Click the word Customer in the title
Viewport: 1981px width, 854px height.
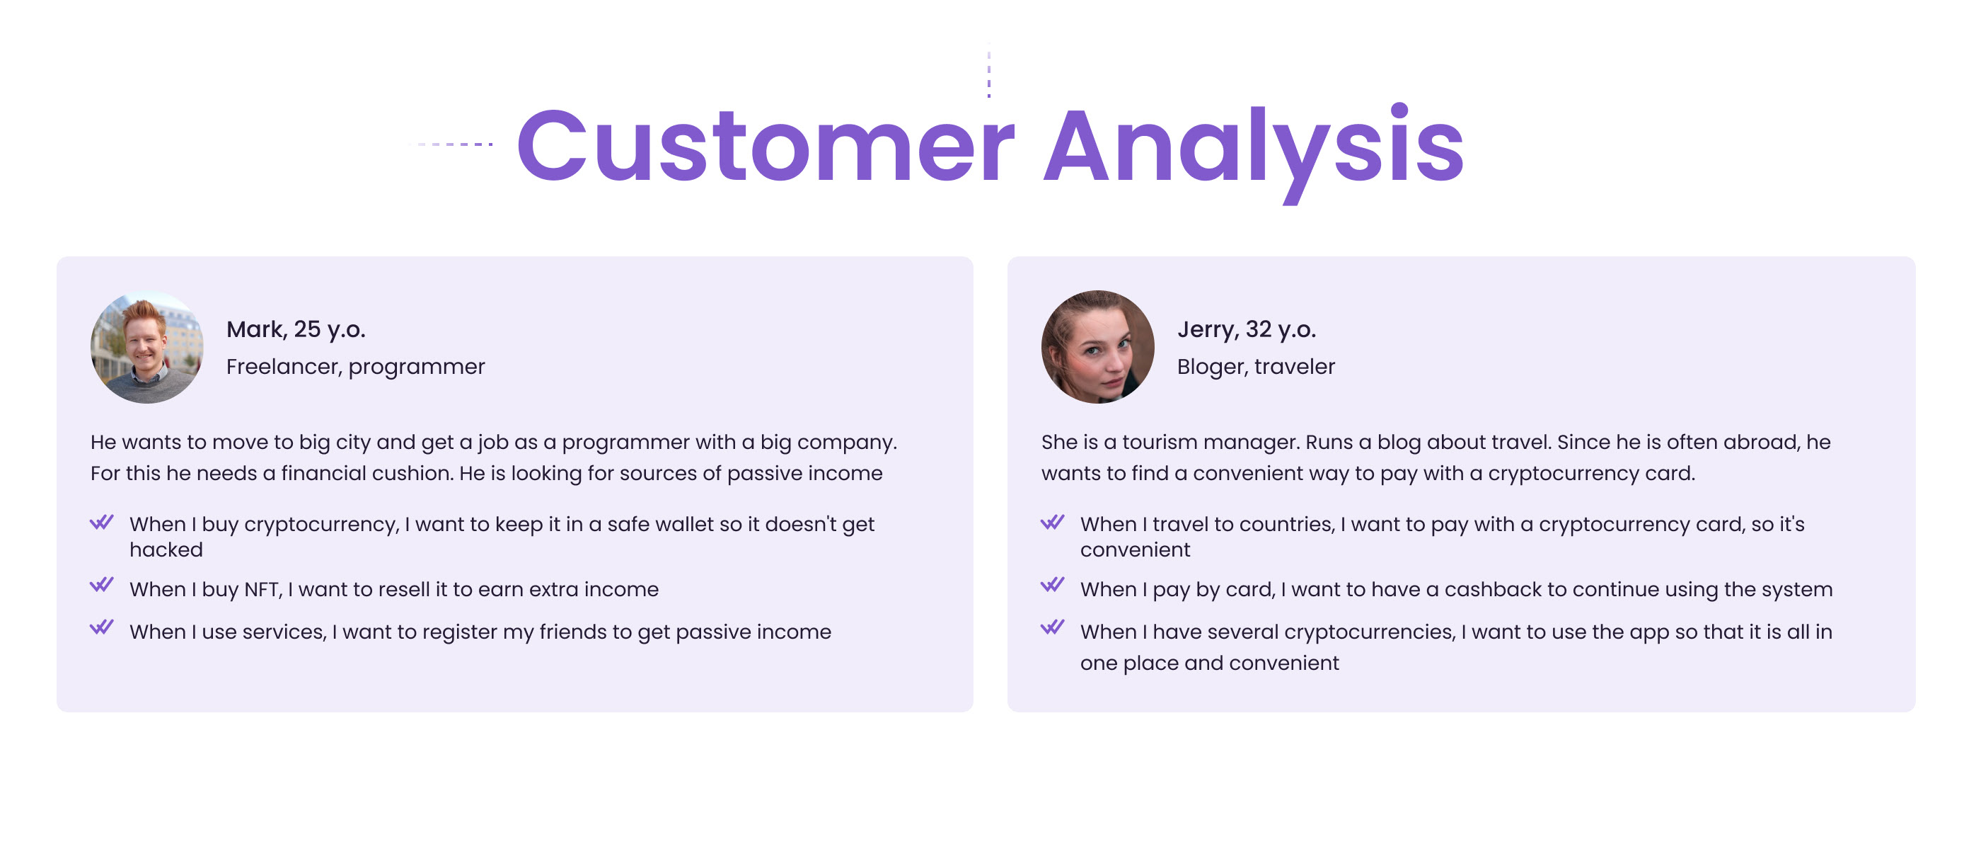pyautogui.click(x=766, y=146)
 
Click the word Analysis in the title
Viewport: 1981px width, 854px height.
pyautogui.click(x=1254, y=150)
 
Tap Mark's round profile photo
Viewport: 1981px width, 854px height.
pyautogui.click(x=147, y=347)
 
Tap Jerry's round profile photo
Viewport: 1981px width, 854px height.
pyautogui.click(x=1097, y=347)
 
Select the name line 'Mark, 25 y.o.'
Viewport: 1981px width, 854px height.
pyautogui.click(x=296, y=329)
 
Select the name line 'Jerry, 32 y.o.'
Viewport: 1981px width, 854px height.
pyautogui.click(x=1247, y=329)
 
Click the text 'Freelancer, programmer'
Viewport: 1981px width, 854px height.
pyautogui.click(x=355, y=367)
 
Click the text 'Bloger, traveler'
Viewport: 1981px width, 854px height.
pyautogui.click(x=1256, y=367)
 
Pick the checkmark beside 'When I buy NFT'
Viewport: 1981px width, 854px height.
pyautogui.click(x=101, y=585)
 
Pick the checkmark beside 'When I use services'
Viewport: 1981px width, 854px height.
pyautogui.click(x=101, y=627)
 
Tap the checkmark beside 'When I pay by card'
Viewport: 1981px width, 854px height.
pyautogui.click(x=1052, y=585)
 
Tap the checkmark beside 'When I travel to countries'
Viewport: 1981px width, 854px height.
pyautogui.click(x=1052, y=523)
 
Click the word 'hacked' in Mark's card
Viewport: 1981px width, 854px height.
pyautogui.click(x=166, y=550)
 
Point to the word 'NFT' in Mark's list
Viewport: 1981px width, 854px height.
pyautogui.click(x=263, y=590)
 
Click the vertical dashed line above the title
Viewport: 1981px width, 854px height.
pyautogui.click(x=989, y=70)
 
